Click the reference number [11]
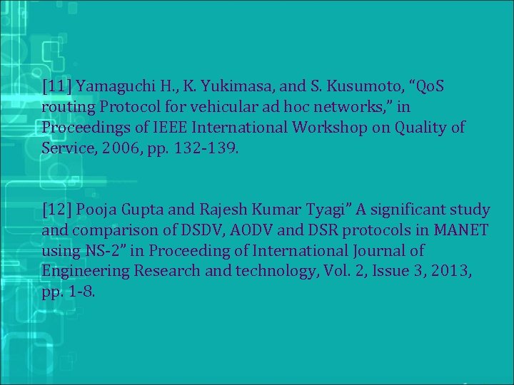pyautogui.click(x=56, y=87)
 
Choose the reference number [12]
pyautogui.click(x=56, y=211)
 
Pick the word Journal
pyautogui.click(x=378, y=251)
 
